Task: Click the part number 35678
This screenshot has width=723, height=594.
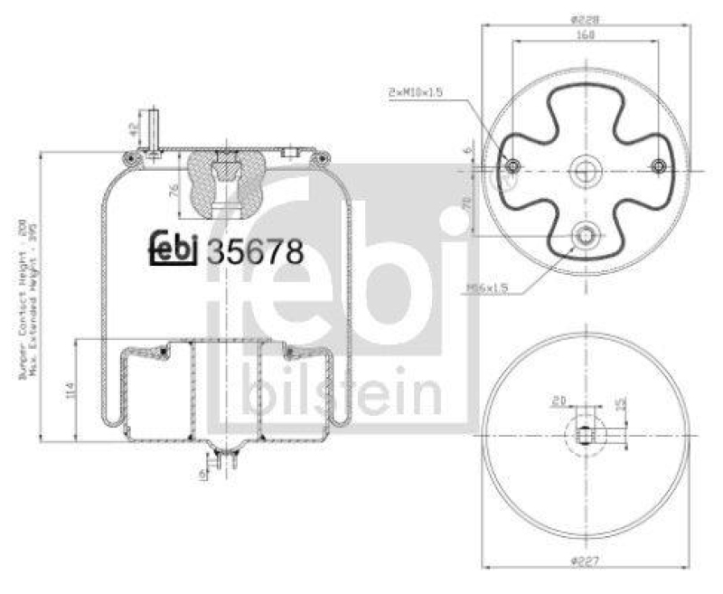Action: click(255, 250)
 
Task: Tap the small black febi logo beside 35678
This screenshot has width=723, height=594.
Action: click(172, 250)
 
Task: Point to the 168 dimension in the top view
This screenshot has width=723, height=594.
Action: click(586, 34)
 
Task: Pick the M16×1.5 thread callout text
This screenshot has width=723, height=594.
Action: click(489, 288)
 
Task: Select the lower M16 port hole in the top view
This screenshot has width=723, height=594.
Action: click(586, 235)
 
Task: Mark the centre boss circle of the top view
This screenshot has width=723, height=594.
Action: click(586, 167)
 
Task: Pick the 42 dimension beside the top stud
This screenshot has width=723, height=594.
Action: click(133, 129)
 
